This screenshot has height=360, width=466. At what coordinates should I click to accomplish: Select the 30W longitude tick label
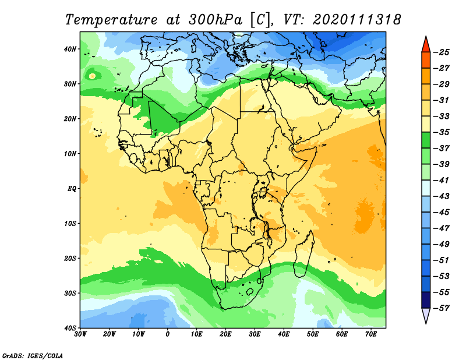pos(80,334)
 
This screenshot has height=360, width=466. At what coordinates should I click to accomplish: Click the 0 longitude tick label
pos(168,334)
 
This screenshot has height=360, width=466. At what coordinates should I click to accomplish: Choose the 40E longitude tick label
pos(284,334)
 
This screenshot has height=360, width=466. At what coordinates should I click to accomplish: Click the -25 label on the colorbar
pos(443,52)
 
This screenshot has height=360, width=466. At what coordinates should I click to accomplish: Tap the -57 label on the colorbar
pos(443,308)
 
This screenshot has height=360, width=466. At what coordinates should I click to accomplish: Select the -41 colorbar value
pos(443,180)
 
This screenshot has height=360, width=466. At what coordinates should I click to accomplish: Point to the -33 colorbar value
pos(443,116)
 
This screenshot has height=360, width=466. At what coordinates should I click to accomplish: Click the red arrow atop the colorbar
pos(426,43)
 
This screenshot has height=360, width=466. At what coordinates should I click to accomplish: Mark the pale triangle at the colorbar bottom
pos(426,316)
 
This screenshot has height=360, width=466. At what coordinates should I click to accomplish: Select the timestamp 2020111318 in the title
pos(356,19)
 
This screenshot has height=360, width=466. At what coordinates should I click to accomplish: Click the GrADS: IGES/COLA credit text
pos(33,355)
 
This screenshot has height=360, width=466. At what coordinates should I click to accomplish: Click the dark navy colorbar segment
pos(426,300)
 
